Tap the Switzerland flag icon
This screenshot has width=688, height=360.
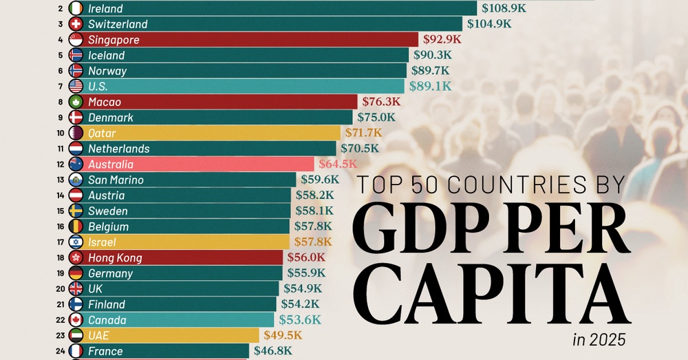(x=76, y=24)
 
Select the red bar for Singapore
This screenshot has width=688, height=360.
(x=248, y=40)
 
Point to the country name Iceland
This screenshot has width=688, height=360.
(x=106, y=55)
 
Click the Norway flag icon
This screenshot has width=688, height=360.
(x=76, y=71)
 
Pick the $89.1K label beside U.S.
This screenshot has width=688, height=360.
(x=430, y=86)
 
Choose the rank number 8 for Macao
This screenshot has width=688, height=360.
(x=61, y=102)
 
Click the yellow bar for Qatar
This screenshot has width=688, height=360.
(x=206, y=133)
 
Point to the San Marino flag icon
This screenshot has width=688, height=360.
(x=76, y=180)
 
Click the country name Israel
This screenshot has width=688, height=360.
(x=102, y=242)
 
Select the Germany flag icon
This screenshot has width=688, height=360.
(x=76, y=273)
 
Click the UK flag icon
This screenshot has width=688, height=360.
(x=76, y=289)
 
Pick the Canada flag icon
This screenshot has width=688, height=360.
(x=76, y=320)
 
